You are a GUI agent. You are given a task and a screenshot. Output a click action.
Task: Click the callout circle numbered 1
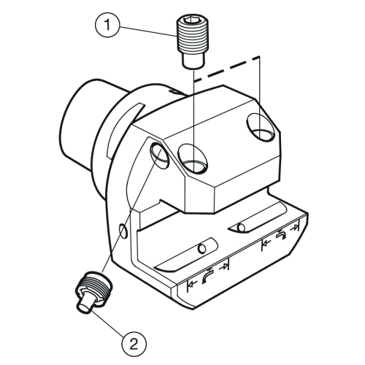click(107, 25)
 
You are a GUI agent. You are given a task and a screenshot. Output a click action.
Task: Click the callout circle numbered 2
click(134, 345)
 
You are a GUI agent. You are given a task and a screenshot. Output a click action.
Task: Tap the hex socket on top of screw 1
click(191, 23)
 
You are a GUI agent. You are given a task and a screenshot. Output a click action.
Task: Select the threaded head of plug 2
click(96, 285)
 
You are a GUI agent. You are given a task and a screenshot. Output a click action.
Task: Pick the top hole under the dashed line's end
click(261, 127)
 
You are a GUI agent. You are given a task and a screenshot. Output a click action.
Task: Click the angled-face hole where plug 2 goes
click(160, 155)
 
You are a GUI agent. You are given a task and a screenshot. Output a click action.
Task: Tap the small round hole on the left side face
click(124, 231)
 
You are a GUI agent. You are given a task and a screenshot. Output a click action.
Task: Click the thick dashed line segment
click(226, 69)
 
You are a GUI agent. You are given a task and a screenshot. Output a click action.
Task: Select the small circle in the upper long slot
click(241, 228)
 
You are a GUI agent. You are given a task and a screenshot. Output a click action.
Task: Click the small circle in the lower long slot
click(202, 248)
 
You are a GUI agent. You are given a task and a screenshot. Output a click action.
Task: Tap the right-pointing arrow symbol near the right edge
click(295, 228)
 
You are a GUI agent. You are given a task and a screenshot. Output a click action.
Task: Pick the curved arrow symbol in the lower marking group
click(207, 275)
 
